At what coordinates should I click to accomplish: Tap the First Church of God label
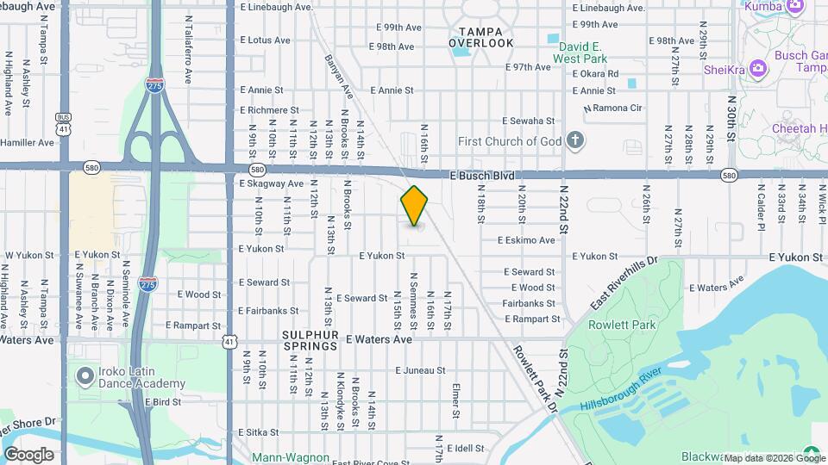(509, 141)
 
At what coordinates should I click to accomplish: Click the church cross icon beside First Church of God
(576, 140)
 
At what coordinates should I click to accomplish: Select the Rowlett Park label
(622, 325)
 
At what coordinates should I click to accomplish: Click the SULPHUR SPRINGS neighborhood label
(309, 339)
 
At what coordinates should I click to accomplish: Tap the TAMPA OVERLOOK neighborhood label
(480, 37)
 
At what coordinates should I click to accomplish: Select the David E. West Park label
(580, 53)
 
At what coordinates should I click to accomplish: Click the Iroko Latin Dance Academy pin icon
(85, 376)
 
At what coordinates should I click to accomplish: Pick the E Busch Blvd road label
(488, 176)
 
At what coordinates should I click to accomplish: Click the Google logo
(28, 454)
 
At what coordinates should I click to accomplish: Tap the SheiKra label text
(723, 70)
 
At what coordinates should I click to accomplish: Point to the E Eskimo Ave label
(526, 240)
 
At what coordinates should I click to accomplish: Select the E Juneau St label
(420, 370)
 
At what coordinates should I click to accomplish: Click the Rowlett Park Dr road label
(535, 380)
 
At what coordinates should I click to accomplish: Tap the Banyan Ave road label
(339, 76)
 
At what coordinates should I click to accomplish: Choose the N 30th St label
(731, 127)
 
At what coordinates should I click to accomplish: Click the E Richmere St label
(269, 110)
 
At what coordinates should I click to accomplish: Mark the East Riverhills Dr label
(624, 283)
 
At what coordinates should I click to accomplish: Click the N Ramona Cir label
(613, 108)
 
